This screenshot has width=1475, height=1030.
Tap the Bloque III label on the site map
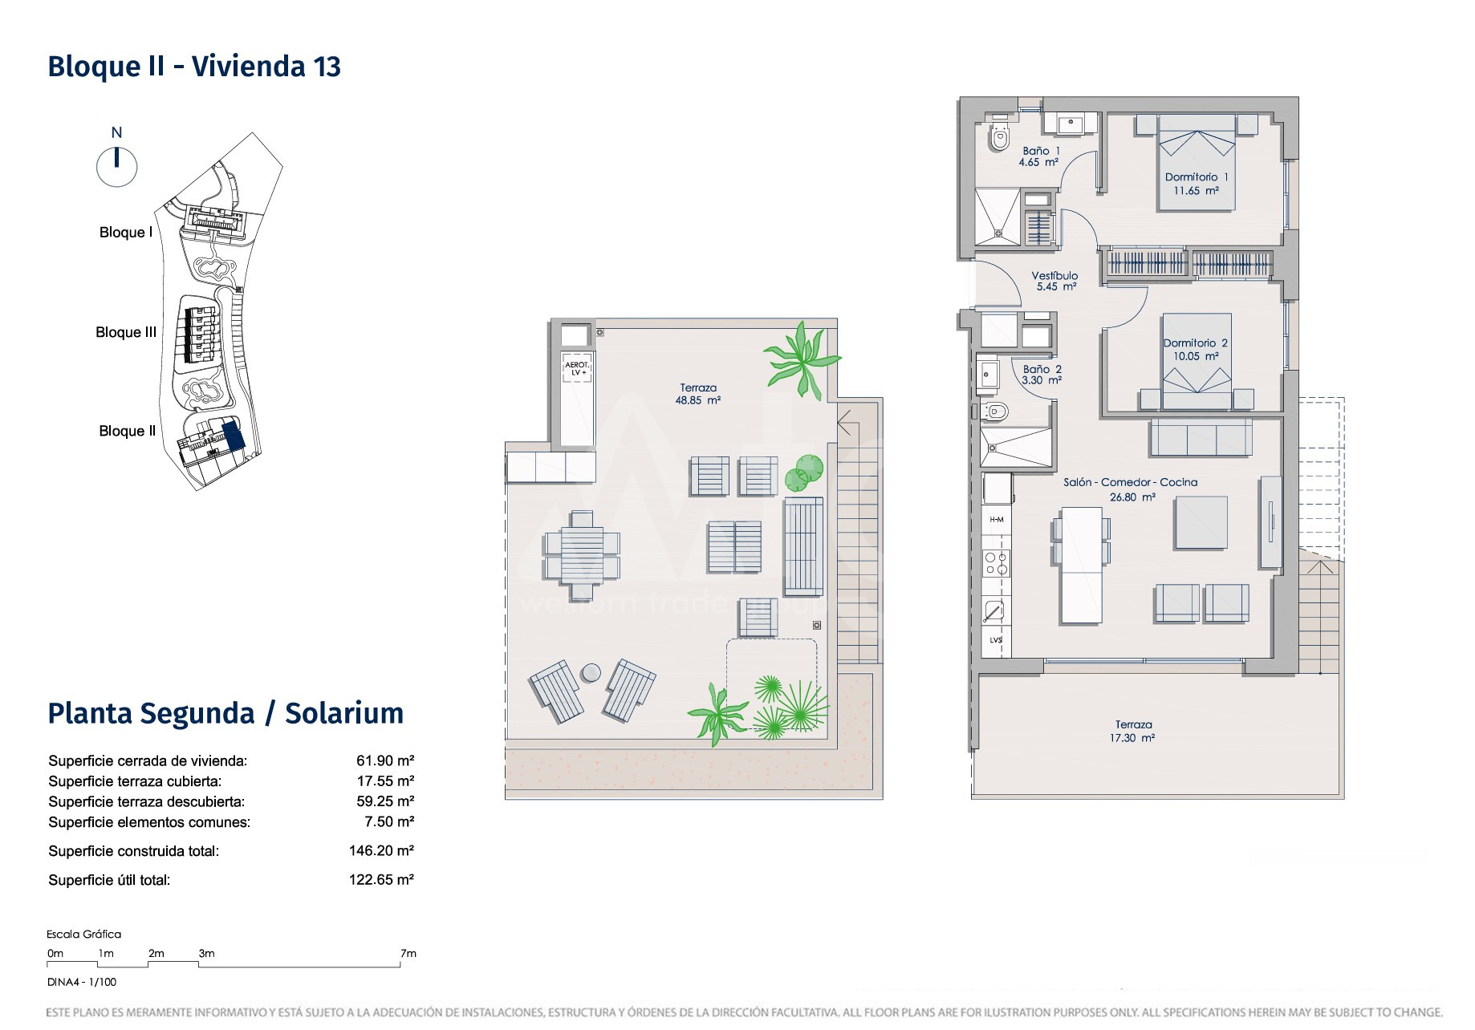click(x=126, y=332)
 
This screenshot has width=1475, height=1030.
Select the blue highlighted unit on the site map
click(x=233, y=436)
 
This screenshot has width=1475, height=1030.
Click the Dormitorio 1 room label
click(x=1197, y=177)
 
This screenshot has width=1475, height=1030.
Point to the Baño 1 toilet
click(x=999, y=137)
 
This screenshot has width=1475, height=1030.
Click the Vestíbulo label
click(x=1054, y=275)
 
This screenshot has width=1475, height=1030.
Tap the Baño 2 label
click(x=1042, y=369)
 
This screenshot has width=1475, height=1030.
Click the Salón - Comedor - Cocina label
click(x=1131, y=482)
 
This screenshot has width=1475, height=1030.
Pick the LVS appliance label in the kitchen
click(x=996, y=640)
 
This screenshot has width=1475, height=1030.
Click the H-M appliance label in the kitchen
click(x=997, y=519)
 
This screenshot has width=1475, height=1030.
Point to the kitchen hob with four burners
click(x=997, y=563)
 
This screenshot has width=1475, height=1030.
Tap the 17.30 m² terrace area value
click(x=1132, y=738)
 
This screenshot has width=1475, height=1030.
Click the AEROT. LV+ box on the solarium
click(x=577, y=368)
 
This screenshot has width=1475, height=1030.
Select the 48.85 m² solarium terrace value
click(x=698, y=400)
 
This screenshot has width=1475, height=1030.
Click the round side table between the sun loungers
click(x=591, y=672)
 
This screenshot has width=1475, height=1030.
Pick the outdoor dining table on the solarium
click(x=582, y=555)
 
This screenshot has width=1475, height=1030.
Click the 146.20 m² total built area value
click(x=381, y=850)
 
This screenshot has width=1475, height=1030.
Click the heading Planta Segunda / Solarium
click(x=226, y=713)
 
